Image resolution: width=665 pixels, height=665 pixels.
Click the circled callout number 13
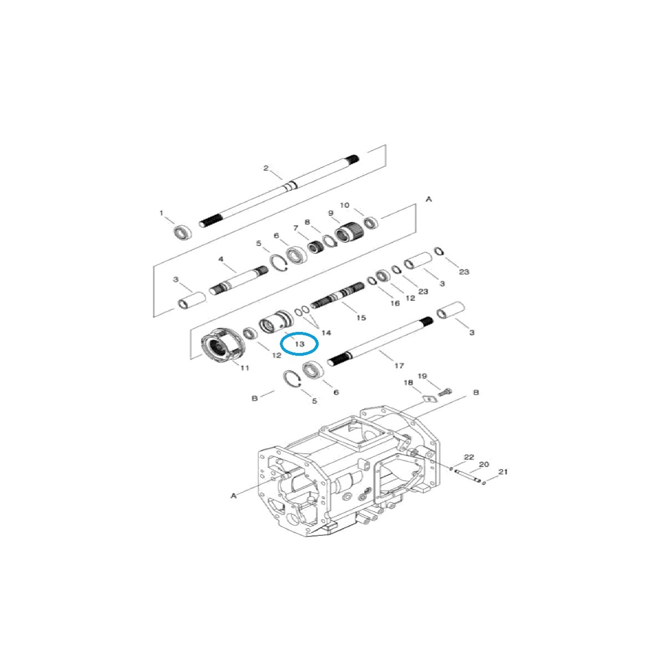299,344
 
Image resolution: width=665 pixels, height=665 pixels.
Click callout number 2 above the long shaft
265,168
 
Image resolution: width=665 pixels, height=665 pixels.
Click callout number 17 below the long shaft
399,365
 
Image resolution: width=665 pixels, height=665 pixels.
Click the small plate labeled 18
427,397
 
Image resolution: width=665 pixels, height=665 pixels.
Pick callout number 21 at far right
503,472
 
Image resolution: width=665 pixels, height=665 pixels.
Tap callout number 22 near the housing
469,457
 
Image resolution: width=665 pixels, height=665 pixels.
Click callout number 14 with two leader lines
326,332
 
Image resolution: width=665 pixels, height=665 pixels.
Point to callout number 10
344,205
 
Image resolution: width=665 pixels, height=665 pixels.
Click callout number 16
395,303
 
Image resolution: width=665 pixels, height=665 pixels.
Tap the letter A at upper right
428,198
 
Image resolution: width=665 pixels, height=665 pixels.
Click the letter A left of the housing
234,495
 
